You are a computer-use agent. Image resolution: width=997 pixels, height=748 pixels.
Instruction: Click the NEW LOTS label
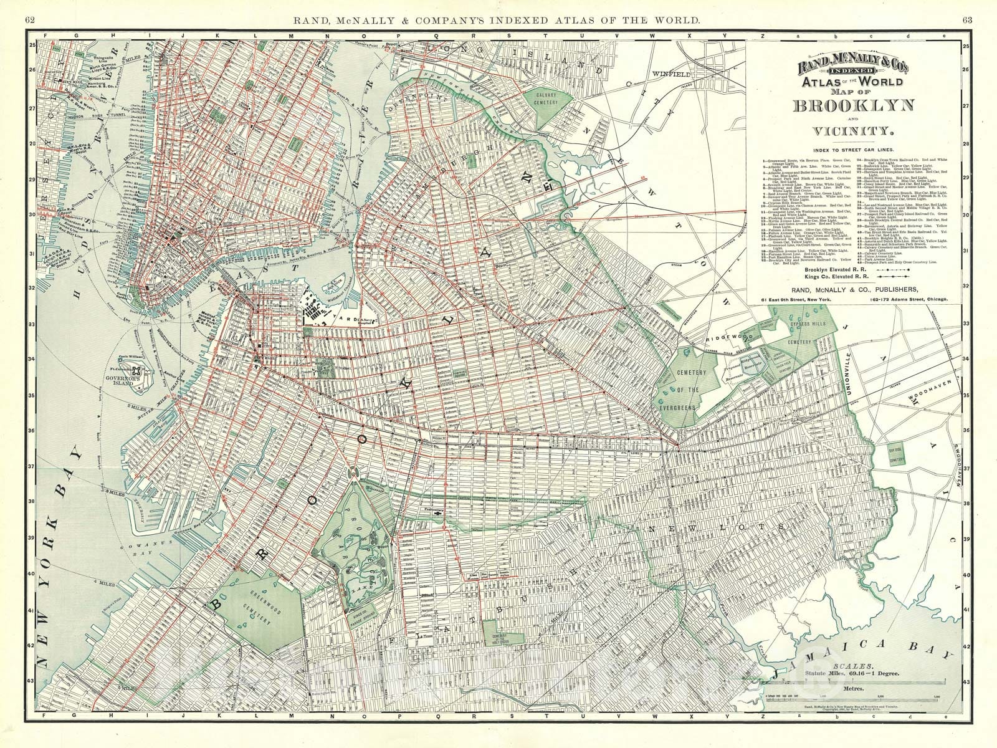(x=684, y=529)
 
